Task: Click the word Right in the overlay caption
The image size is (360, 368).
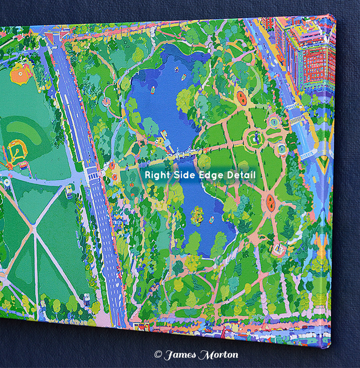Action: [155, 175]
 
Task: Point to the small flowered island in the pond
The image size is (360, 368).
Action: [197, 216]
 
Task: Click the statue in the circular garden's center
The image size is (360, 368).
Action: [255, 138]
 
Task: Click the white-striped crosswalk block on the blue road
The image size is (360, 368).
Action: [93, 174]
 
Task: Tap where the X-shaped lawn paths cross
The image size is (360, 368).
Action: [35, 229]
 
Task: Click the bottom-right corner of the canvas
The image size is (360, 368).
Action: [331, 348]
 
